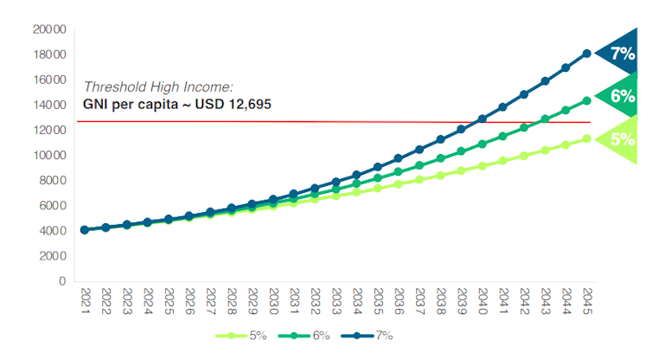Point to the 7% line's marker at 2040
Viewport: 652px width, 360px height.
[x=482, y=119]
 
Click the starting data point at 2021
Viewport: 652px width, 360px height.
[x=84, y=230]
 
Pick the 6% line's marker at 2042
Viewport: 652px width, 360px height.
[x=524, y=127]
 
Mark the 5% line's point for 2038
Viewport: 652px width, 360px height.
[x=440, y=175]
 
